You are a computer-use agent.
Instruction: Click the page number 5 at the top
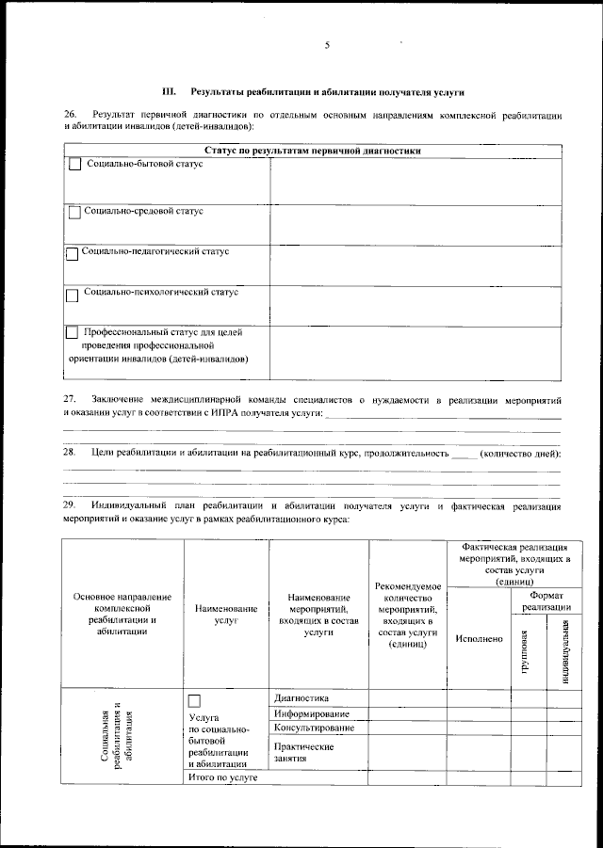coord(327,45)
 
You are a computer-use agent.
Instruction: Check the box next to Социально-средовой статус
coord(74,213)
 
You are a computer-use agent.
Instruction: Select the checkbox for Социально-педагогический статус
coord(73,253)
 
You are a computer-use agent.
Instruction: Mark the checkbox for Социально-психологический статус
coord(73,294)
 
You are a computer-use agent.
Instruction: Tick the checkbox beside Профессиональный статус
coord(73,333)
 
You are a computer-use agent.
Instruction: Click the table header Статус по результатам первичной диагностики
coord(312,151)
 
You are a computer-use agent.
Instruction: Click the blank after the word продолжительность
coord(465,454)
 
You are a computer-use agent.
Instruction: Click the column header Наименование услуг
coord(226,616)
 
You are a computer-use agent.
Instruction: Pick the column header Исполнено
coord(478,639)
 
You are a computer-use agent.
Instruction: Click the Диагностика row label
coord(301,697)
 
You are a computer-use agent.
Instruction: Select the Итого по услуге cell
coord(222,777)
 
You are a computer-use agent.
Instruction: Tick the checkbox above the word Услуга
coord(195,700)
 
